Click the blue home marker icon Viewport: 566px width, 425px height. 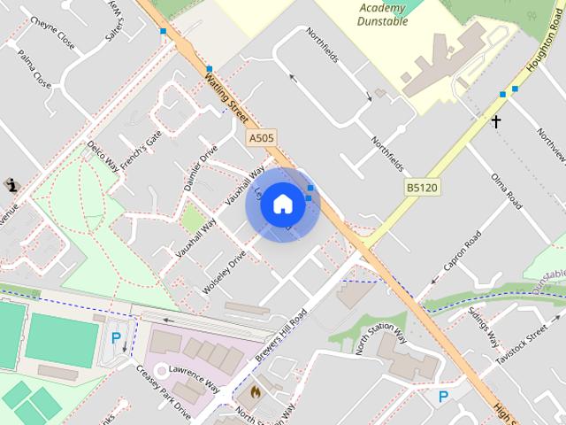click(282, 204)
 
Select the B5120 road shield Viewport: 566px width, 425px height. click(423, 188)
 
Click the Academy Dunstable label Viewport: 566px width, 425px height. click(384, 15)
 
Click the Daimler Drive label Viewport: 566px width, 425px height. click(200, 166)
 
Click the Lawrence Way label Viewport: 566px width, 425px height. click(195, 373)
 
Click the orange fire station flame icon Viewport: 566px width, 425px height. click(256, 390)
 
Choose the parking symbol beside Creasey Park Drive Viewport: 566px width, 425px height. click(116, 336)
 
